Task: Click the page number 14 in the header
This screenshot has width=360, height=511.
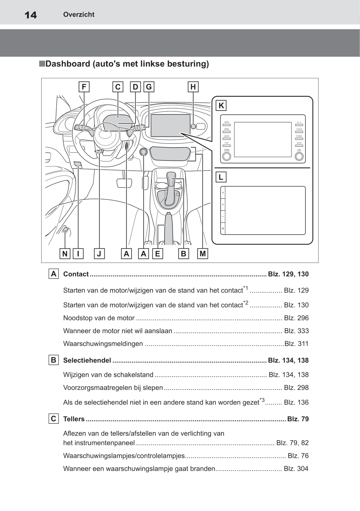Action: pos(31,15)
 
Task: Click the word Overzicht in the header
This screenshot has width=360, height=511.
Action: pos(79,14)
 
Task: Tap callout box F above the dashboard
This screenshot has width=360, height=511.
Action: pos(84,87)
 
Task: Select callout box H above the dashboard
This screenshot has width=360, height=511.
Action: pos(193,87)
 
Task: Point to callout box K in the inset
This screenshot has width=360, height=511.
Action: pos(221,106)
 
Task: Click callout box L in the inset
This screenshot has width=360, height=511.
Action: pos(221,177)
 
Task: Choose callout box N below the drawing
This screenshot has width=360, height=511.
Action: pos(65,254)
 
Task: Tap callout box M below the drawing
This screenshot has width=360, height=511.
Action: pos(203,254)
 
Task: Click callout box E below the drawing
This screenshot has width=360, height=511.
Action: pos(157,254)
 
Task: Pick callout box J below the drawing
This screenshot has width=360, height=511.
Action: pos(99,254)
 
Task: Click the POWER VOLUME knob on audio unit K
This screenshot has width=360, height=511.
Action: pos(227,156)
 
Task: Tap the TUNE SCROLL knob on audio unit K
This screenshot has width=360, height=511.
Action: pos(299,156)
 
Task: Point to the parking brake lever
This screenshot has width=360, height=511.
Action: pos(169,229)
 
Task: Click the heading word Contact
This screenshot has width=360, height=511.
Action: pos(76,274)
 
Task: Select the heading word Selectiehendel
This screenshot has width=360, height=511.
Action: pos(87,360)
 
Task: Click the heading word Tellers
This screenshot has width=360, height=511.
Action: pos(74,419)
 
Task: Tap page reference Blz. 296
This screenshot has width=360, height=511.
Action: pos(296,318)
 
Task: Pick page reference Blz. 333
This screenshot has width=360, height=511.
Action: pos(296,331)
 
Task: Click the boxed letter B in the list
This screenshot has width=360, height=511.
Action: pos(54,360)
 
